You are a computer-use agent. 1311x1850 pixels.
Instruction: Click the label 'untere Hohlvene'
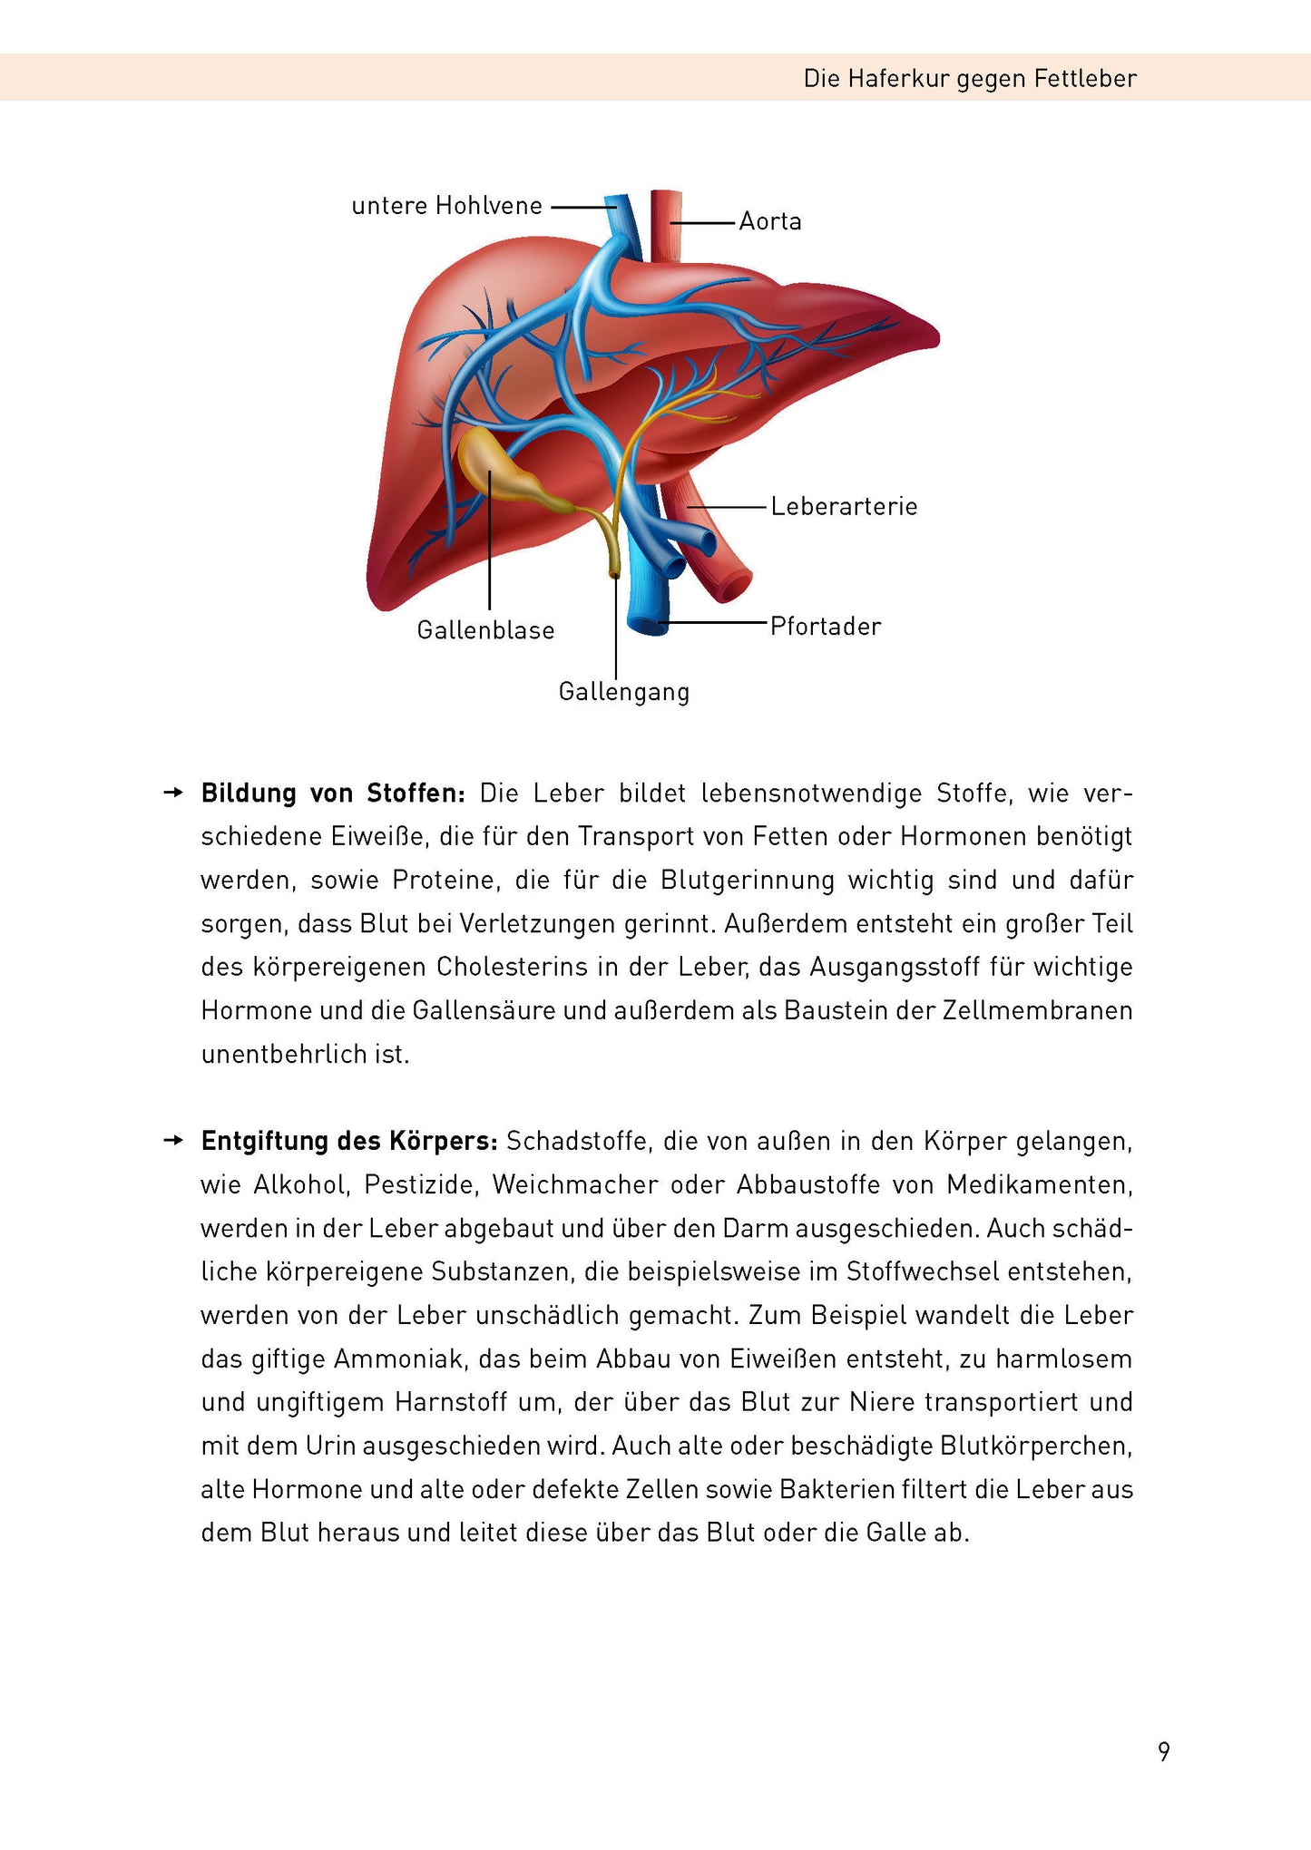click(x=446, y=207)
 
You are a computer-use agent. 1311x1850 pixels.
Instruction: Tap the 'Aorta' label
click(x=770, y=222)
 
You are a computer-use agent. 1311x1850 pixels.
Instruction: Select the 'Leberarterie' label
click(x=844, y=507)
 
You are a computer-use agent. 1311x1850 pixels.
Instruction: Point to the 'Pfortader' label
click(x=826, y=627)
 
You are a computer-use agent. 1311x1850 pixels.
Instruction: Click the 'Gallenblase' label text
click(x=485, y=630)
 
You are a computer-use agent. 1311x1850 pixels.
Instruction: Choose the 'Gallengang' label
click(x=624, y=692)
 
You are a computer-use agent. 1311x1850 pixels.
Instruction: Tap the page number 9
click(x=1164, y=1751)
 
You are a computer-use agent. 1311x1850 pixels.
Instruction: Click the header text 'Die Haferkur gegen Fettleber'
click(x=969, y=79)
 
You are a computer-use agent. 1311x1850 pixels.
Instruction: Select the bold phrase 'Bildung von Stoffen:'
click(x=333, y=794)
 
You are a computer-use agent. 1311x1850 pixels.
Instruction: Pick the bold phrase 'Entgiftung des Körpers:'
click(x=349, y=1141)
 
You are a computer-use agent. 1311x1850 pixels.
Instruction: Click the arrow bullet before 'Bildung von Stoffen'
click(x=172, y=794)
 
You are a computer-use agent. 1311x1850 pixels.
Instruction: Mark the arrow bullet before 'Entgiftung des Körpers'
click(x=172, y=1141)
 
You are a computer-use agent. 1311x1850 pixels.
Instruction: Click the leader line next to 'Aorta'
click(x=704, y=222)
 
